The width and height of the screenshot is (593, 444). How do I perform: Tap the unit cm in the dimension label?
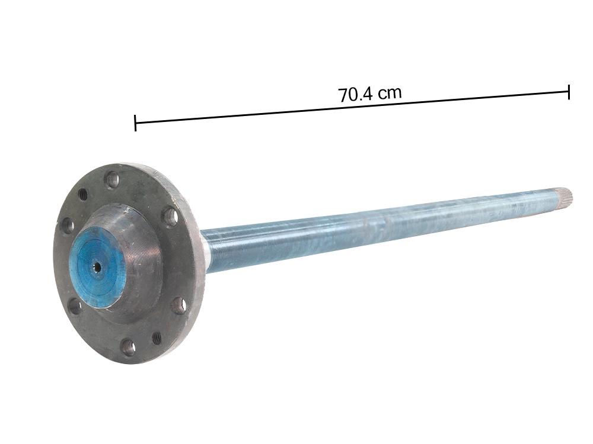point(389,92)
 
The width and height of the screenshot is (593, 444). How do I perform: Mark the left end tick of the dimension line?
point(136,123)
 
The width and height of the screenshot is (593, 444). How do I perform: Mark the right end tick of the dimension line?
point(569,92)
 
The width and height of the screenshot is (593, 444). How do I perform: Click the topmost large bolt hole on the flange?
point(111,178)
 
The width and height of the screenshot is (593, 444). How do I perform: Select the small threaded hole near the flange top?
point(82,194)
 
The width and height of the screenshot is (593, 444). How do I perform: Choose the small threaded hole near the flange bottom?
point(157,338)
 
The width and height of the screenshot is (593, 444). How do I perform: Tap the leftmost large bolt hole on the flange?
point(66,225)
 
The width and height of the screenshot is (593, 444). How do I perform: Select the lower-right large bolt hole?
point(176,307)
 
